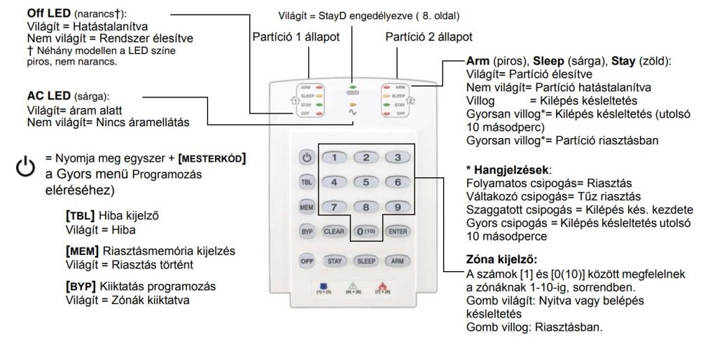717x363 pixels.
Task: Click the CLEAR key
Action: click(333, 230)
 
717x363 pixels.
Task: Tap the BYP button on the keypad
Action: click(306, 230)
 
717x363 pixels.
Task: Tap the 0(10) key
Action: click(365, 230)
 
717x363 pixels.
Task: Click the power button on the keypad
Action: click(306, 158)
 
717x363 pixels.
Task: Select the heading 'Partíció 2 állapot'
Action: click(428, 36)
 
